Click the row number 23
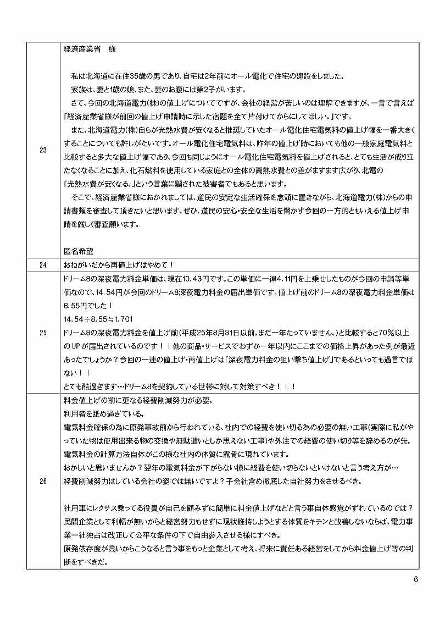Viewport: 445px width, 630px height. [x=43, y=150]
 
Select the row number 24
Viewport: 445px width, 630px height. [x=43, y=265]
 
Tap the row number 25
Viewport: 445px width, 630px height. [x=43, y=332]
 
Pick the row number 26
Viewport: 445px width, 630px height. [x=43, y=481]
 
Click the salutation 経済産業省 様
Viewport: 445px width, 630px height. [x=90, y=48]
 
